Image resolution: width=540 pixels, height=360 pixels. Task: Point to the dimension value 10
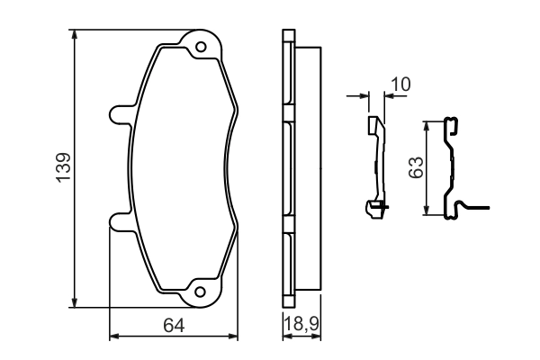coord(400,84)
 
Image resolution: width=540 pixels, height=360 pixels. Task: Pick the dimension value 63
coord(415,167)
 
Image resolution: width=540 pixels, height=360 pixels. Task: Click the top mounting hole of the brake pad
coord(202,46)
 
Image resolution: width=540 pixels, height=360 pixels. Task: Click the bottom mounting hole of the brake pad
coord(202,291)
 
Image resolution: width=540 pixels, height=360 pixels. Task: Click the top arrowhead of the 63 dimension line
coord(428,125)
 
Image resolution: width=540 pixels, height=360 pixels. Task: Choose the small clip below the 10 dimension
coord(376,166)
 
